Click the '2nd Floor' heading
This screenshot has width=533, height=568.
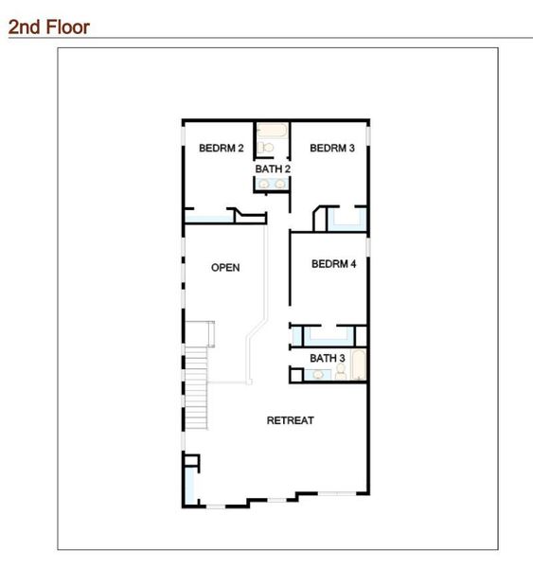(x=48, y=27)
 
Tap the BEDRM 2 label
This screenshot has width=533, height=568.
(x=222, y=148)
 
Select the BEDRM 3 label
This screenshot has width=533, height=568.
(x=332, y=148)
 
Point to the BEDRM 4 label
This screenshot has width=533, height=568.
(x=333, y=265)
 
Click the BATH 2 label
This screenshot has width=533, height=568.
(x=272, y=169)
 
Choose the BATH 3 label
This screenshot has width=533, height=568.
(x=327, y=358)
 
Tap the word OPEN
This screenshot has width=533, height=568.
(x=225, y=268)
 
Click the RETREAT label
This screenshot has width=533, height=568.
(x=290, y=420)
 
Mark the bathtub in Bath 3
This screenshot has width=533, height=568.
(x=358, y=365)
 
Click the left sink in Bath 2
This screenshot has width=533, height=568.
(x=264, y=184)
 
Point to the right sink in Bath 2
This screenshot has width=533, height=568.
(x=279, y=184)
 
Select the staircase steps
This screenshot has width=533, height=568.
(x=196, y=388)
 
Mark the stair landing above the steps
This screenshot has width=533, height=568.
(x=200, y=333)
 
